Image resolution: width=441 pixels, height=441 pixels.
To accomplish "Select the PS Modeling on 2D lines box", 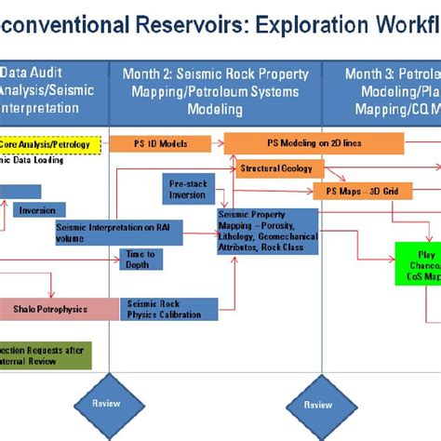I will pos(314,143).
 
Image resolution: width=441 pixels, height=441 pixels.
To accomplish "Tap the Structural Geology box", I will pos(279,168).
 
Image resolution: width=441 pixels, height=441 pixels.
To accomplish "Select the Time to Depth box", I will pos(140,259).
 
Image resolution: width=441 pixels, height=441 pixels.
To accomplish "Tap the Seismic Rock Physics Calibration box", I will pos(170,309).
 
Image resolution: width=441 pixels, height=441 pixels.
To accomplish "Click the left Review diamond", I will pos(104,404).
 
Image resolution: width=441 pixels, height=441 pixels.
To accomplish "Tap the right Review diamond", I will pos(317,404).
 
